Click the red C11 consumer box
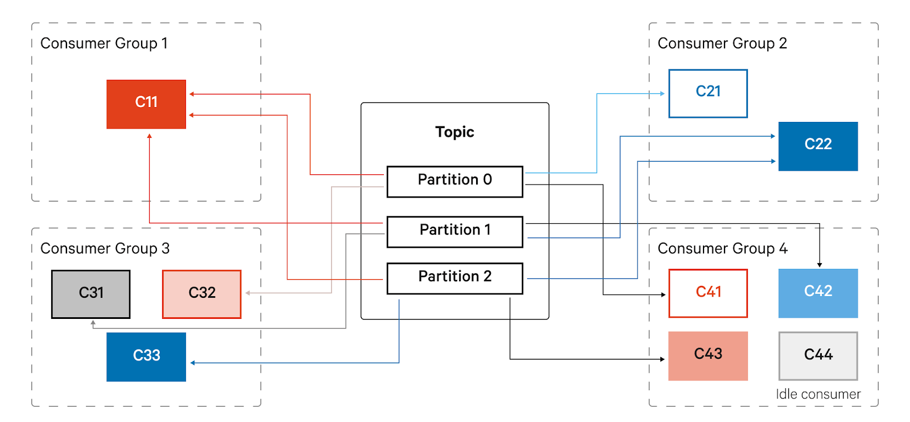coord(146,104)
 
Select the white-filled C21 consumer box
coord(708,93)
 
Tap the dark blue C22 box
coord(817,146)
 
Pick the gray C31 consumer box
coord(91,294)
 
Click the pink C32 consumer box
coord(201,294)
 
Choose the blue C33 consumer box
coord(146,357)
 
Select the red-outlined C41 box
coord(708,293)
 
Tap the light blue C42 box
coord(817,293)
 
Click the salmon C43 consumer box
coord(708,355)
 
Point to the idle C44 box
coord(817,356)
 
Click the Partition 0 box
coord(454,181)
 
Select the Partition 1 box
coord(454,231)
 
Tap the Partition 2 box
coord(454,278)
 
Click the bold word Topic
coord(454,132)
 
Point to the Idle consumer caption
coord(817,394)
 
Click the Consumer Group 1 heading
coord(104,43)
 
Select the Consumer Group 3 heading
coord(105,248)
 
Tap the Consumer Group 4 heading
coord(722,248)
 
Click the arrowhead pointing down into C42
coord(820,264)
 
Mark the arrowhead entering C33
coord(193,363)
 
